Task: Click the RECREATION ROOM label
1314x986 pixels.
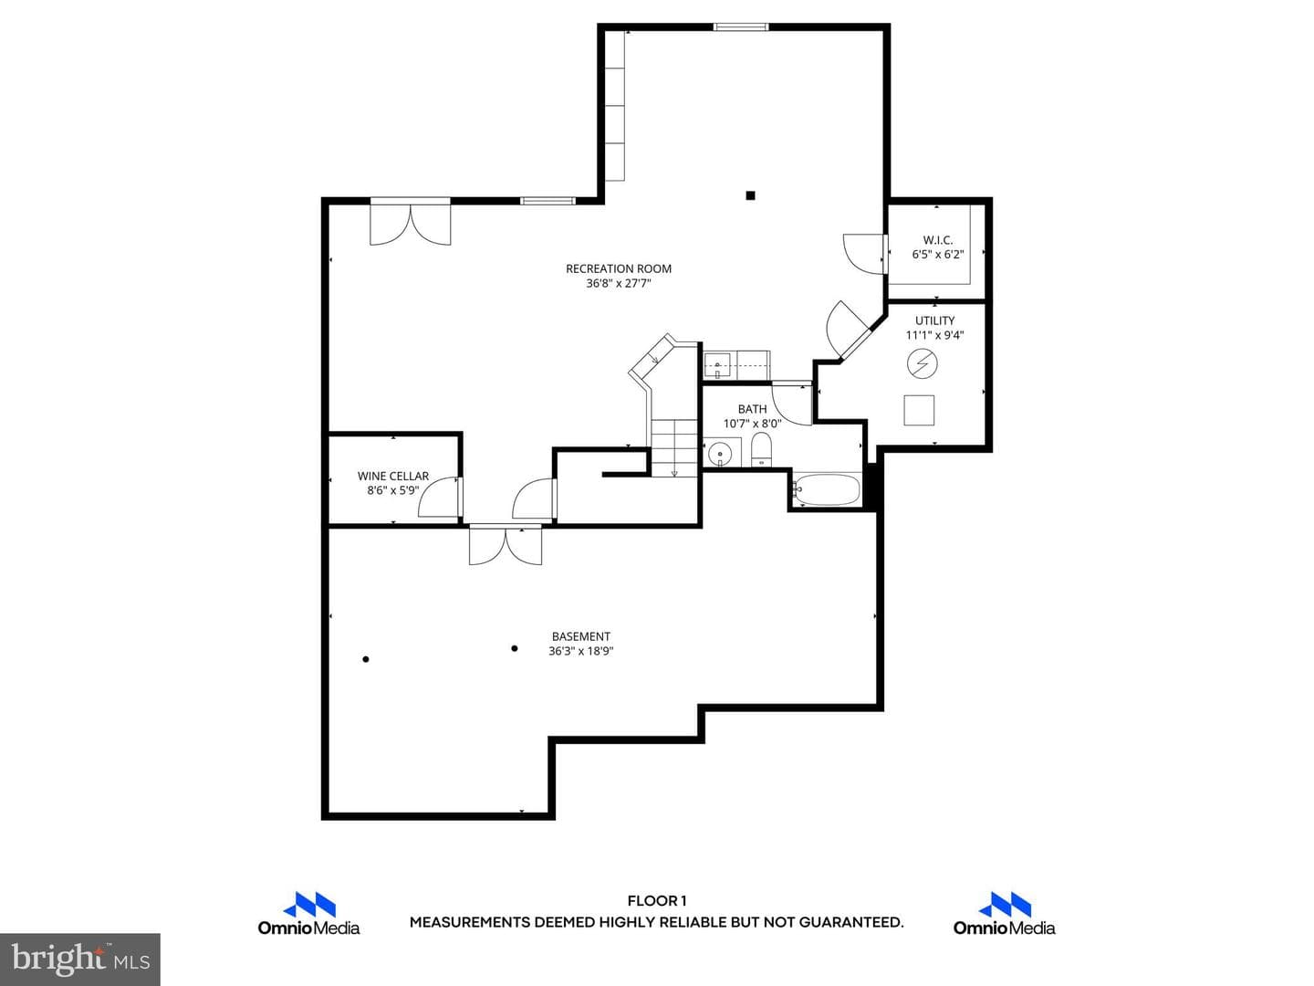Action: pyautogui.click(x=619, y=268)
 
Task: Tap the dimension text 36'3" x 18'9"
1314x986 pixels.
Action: pyautogui.click(x=580, y=651)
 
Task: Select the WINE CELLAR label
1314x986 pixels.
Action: pyautogui.click(x=392, y=476)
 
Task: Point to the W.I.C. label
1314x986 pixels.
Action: pyautogui.click(x=937, y=240)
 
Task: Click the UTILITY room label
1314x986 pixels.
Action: pyautogui.click(x=934, y=320)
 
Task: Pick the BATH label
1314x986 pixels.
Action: pyautogui.click(x=752, y=409)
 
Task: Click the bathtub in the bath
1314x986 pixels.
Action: pyautogui.click(x=827, y=489)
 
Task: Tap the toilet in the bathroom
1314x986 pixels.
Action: pyautogui.click(x=761, y=449)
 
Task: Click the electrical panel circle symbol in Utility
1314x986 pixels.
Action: pyautogui.click(x=922, y=363)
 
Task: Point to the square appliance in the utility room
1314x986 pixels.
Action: pyautogui.click(x=919, y=410)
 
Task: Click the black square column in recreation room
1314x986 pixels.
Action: pyautogui.click(x=750, y=195)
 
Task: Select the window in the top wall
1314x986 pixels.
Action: pyautogui.click(x=741, y=26)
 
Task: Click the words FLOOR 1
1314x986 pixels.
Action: pyautogui.click(x=657, y=900)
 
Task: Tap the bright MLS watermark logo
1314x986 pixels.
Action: pyautogui.click(x=80, y=959)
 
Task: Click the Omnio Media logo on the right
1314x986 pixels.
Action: pyautogui.click(x=1004, y=913)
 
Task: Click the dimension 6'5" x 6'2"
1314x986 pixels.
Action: pyautogui.click(x=937, y=255)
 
